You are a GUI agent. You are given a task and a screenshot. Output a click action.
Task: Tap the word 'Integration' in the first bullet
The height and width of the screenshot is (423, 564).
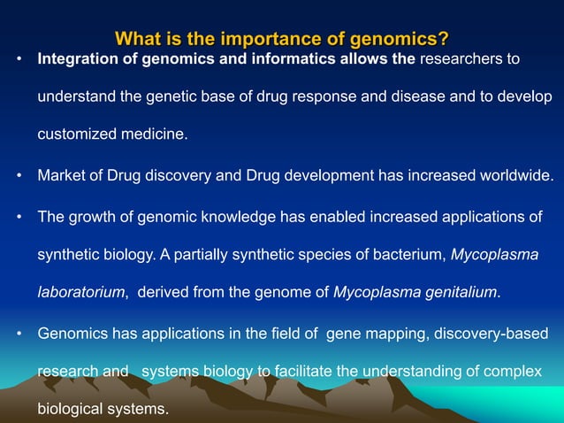74,59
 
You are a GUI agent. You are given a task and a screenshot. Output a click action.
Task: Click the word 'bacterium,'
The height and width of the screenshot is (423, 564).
408,255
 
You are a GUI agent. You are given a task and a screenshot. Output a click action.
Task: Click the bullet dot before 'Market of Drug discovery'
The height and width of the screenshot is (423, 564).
19,175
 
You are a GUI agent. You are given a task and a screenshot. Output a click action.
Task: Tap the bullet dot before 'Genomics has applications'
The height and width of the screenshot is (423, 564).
19,334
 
